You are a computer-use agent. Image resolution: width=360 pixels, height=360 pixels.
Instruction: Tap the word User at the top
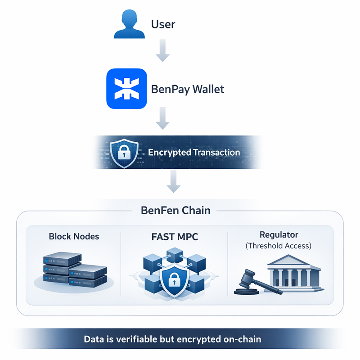[163, 24]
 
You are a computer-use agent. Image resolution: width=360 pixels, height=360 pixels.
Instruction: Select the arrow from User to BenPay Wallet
[162, 52]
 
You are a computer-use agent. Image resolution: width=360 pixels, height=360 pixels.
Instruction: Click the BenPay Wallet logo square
[126, 89]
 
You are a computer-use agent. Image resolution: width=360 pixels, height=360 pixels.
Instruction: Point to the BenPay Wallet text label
[188, 89]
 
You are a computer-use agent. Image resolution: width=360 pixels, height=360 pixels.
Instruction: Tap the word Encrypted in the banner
[169, 152]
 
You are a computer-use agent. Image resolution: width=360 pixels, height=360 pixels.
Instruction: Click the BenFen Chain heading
[175, 210]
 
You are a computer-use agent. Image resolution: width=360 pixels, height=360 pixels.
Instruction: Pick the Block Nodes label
[74, 236]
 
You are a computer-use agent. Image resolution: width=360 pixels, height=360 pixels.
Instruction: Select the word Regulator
[279, 234]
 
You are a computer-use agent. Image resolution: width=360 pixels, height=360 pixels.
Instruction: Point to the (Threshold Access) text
[279, 246]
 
